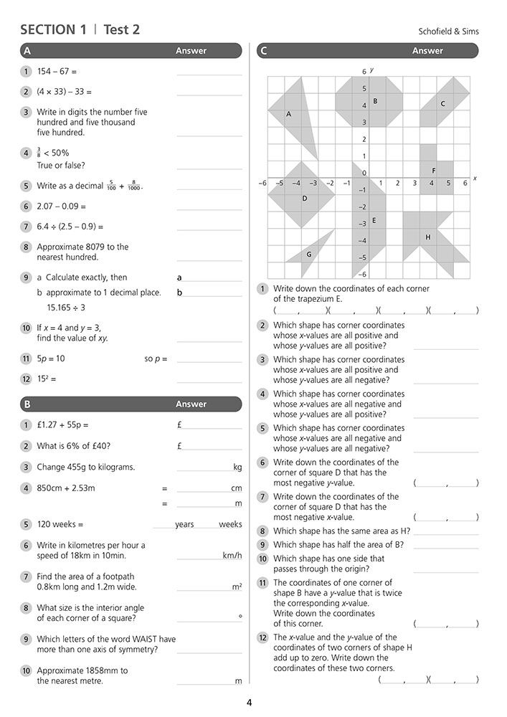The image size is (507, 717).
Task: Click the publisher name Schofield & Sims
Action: (x=448, y=32)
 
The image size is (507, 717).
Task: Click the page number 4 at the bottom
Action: (x=249, y=702)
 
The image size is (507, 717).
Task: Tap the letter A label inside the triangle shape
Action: (x=288, y=114)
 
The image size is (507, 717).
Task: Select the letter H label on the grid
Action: (x=428, y=237)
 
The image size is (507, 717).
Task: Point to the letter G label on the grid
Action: (x=309, y=254)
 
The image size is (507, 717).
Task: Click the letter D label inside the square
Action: (x=305, y=199)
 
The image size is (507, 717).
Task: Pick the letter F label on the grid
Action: (x=434, y=171)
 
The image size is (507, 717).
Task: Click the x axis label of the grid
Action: (x=475, y=177)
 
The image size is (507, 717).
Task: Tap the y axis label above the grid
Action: (x=372, y=70)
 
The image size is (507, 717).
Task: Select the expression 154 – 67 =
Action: (x=57, y=72)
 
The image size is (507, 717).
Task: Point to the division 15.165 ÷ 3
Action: (x=66, y=308)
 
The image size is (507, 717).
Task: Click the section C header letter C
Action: (x=265, y=51)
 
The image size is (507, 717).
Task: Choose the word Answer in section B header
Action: (x=191, y=404)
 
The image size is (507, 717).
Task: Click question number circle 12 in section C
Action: (x=263, y=637)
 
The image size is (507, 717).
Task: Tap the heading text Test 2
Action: (x=122, y=29)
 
